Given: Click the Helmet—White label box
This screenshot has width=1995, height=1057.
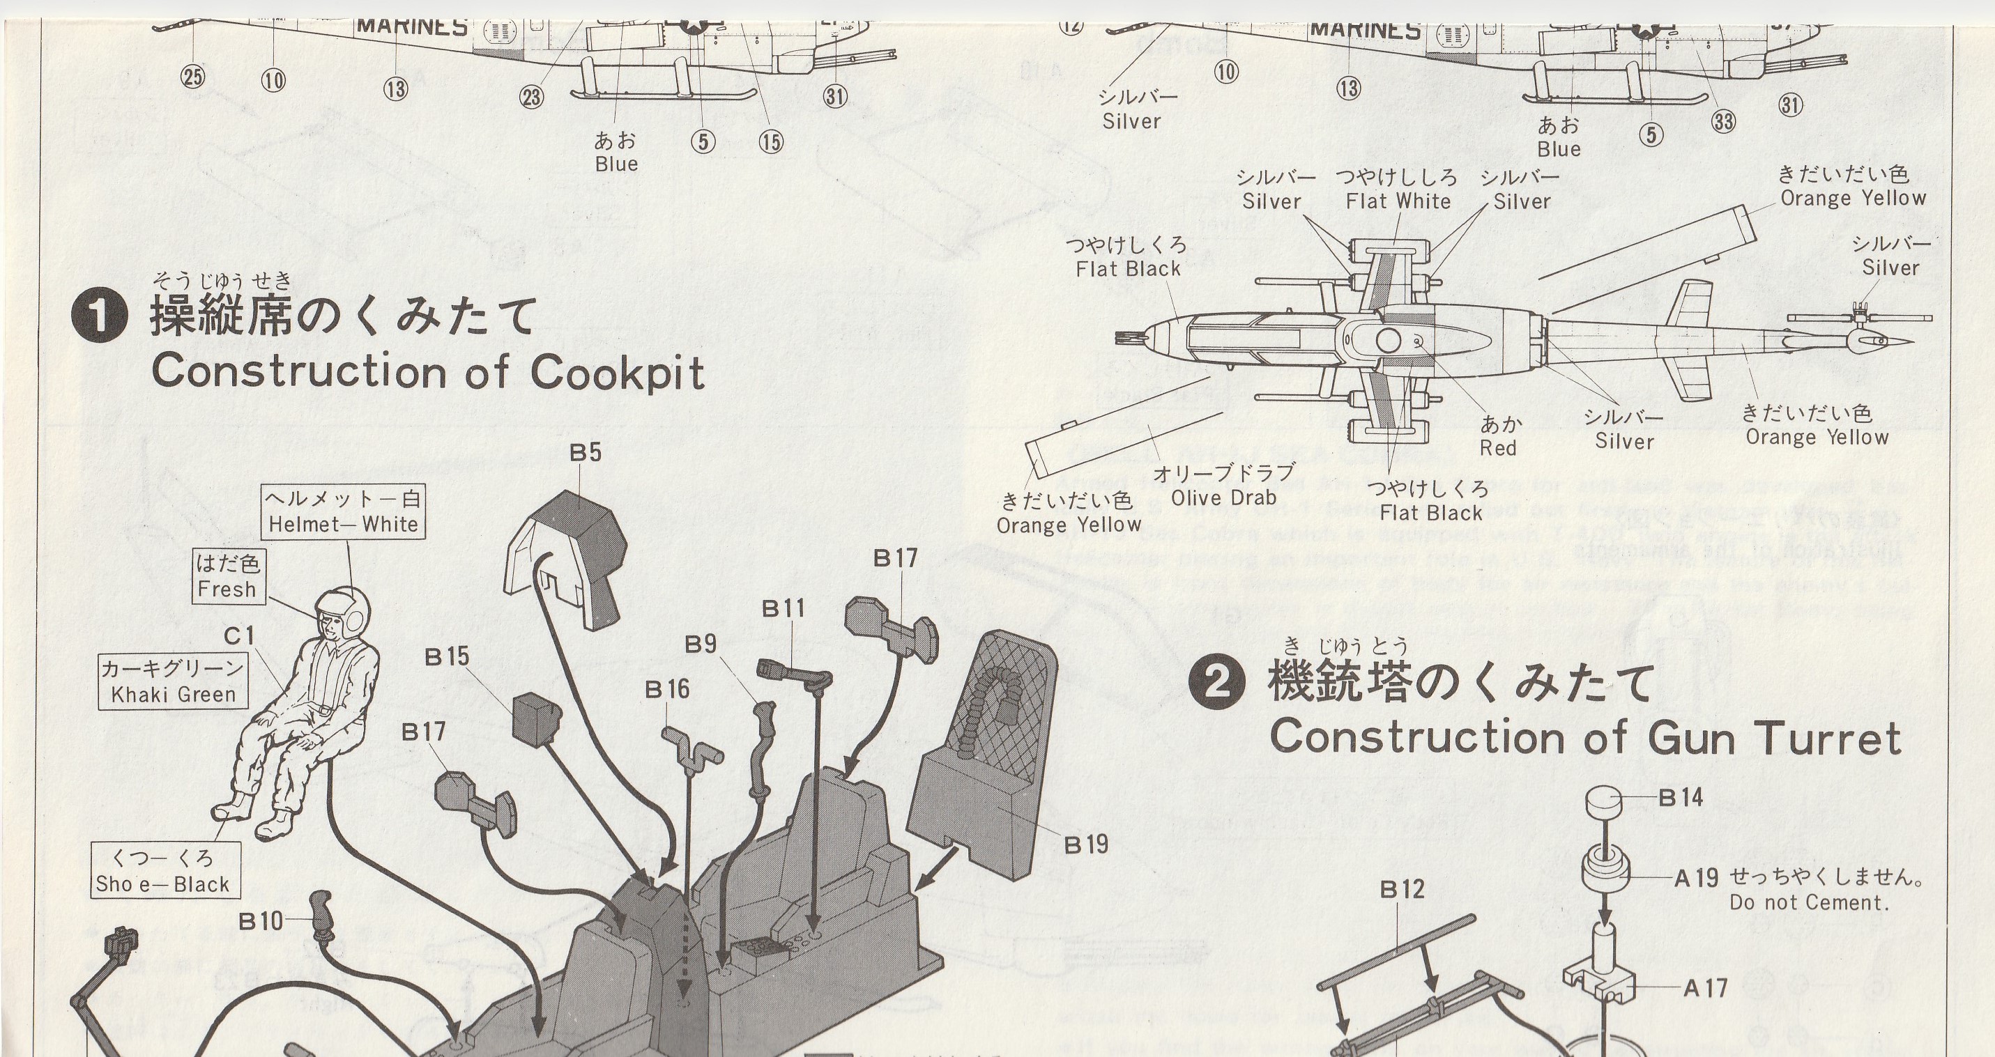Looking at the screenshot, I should click(x=343, y=512).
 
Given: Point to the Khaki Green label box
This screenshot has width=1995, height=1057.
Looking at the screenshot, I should click(x=173, y=681).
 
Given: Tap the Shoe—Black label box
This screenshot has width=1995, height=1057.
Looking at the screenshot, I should click(x=162, y=871).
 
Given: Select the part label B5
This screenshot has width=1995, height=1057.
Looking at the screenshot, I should click(x=585, y=453).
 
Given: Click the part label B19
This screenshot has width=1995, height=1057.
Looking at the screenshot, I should click(x=1086, y=844).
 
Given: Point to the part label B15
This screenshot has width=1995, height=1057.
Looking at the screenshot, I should click(x=447, y=656).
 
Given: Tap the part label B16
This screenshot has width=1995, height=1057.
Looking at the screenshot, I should click(x=667, y=689).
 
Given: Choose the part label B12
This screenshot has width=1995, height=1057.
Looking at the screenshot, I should click(x=1402, y=890).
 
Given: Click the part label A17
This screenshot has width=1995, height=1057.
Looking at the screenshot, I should click(x=1705, y=988).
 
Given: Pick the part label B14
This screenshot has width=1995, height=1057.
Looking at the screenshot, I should click(x=1681, y=798).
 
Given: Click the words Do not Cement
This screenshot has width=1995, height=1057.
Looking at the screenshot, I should click(x=1809, y=903).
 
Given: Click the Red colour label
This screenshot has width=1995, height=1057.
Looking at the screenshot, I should click(x=1498, y=448).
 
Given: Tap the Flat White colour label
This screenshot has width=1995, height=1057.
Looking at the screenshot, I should click(x=1398, y=201).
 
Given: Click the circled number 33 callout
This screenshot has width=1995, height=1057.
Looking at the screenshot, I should click(x=1723, y=121).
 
